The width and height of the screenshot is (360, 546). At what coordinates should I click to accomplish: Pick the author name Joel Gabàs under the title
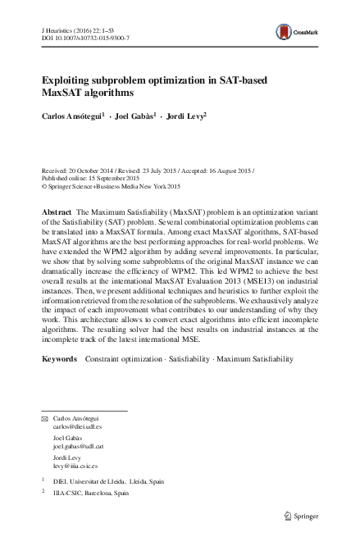[135, 116]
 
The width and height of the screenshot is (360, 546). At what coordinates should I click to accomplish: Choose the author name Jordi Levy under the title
[185, 116]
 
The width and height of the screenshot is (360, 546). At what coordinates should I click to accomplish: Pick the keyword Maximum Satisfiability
[245, 382]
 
